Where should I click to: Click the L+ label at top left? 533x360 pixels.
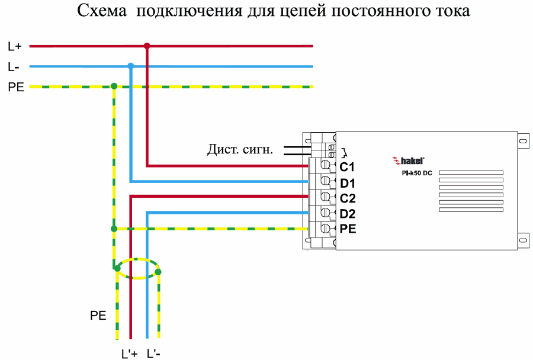tap(15, 46)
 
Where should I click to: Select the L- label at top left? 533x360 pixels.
tap(14, 66)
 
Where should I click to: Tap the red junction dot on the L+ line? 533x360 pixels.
tap(147, 46)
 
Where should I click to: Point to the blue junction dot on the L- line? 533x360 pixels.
tap(131, 66)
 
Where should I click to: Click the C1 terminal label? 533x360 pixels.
tap(347, 166)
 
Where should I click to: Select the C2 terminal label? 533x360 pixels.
tap(347, 198)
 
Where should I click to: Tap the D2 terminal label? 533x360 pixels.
tap(347, 213)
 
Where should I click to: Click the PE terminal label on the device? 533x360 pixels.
tap(348, 229)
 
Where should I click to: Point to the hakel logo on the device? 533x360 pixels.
tap(409, 159)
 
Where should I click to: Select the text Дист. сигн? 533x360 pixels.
tap(240, 150)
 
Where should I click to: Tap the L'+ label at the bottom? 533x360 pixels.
tap(129, 353)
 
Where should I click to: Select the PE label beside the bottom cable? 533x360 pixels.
tap(98, 316)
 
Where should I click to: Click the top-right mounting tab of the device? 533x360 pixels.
tap(522, 141)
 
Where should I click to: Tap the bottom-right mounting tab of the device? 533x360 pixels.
tap(522, 238)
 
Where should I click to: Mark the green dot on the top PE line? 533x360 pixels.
tap(114, 86)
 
